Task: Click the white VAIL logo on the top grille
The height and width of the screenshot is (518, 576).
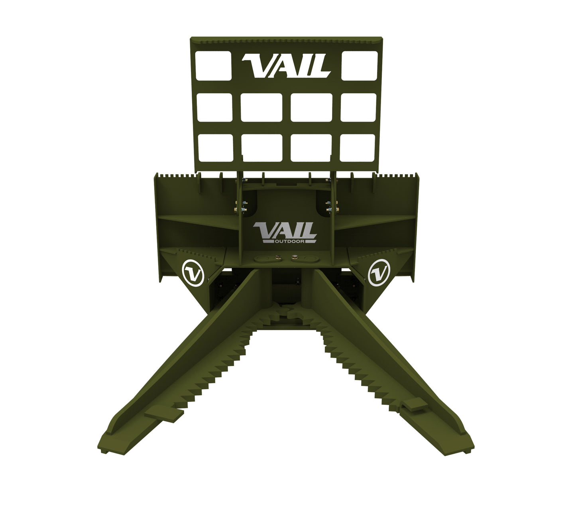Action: pyautogui.click(x=286, y=66)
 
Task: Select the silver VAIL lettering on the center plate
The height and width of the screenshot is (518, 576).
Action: pyautogui.click(x=285, y=230)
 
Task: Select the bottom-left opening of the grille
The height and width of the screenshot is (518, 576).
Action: pyautogui.click(x=215, y=148)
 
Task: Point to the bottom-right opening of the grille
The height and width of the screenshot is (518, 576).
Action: pyautogui.click(x=358, y=148)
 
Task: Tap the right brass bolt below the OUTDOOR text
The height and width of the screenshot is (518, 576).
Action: pyautogui.click(x=295, y=257)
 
